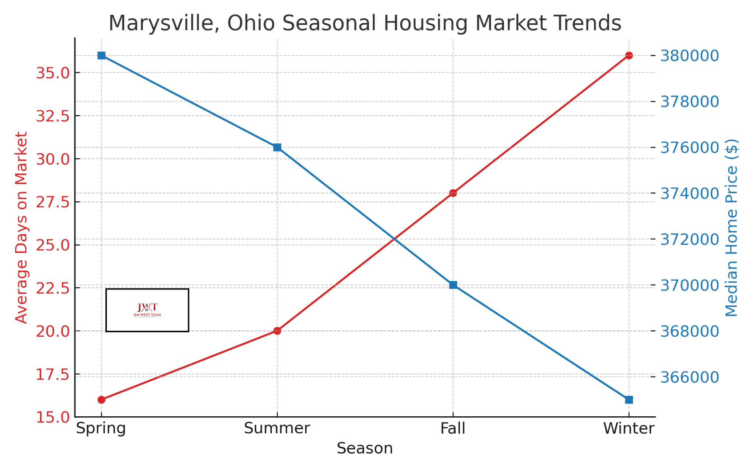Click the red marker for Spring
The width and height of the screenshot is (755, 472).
[x=101, y=400]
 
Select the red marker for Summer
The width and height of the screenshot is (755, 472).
[x=277, y=331]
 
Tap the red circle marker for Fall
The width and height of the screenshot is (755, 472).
[x=453, y=193]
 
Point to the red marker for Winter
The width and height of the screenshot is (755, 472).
[x=629, y=56]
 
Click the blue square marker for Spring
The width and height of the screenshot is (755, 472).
[x=101, y=56]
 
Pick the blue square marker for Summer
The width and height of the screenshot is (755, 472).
[x=277, y=147]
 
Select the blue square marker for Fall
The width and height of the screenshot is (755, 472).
[x=453, y=285]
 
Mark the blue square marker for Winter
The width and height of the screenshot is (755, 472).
[x=629, y=400]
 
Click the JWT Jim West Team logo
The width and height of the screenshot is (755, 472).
[x=147, y=310]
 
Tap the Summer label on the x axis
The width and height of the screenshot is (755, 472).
[x=277, y=428]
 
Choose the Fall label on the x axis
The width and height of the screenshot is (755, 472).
[x=453, y=428]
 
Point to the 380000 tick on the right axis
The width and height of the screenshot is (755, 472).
[x=689, y=56]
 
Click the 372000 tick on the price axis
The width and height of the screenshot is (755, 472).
[x=689, y=239]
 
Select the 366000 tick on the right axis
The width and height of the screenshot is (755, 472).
[x=689, y=377]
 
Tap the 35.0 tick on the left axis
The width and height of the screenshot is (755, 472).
[x=53, y=73]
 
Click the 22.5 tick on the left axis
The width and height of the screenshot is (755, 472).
[x=53, y=288]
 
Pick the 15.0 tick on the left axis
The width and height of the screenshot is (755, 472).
[x=53, y=417]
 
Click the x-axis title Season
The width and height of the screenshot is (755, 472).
[x=365, y=448]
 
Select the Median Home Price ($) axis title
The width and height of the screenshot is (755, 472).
[x=731, y=228]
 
